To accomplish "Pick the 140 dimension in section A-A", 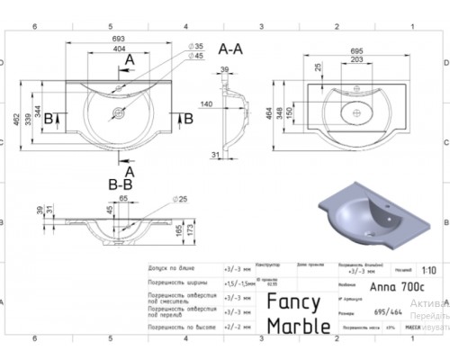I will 206,104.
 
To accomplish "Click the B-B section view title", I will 121,184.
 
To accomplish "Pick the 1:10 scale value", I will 429,270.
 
